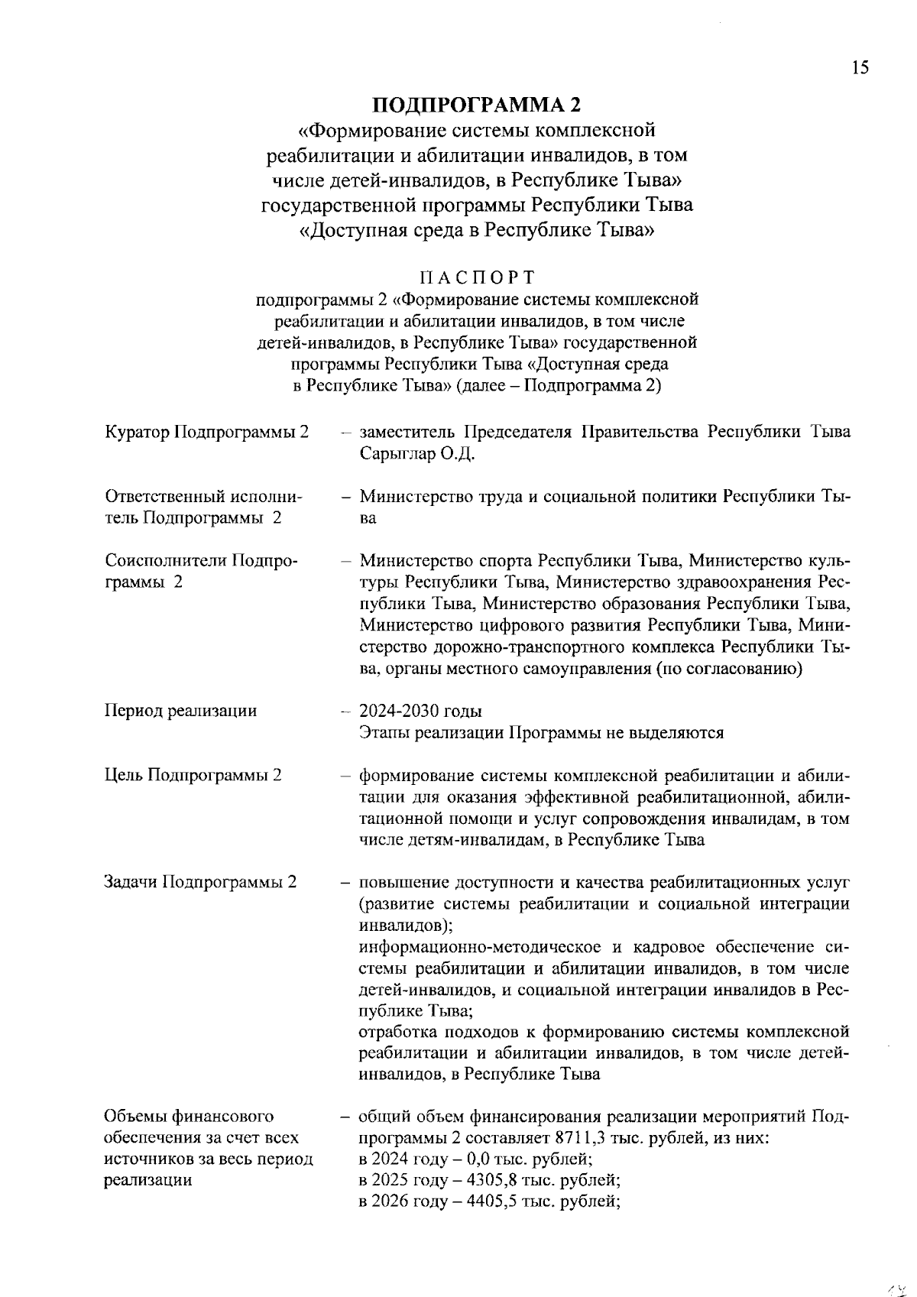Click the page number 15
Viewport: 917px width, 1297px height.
click(860, 68)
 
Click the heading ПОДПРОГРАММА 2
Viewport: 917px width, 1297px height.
click(477, 105)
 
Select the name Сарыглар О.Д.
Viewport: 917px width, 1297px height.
click(417, 454)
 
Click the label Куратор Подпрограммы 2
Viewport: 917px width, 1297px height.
click(206, 433)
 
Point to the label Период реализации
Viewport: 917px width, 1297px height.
click(180, 711)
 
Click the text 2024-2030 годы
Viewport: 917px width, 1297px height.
click(420, 712)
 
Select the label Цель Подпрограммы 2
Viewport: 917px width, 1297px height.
click(193, 775)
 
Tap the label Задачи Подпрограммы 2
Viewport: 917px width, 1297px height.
click(200, 882)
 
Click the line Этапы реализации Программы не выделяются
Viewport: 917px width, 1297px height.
click(541, 733)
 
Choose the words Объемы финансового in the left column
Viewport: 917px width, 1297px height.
click(189, 1117)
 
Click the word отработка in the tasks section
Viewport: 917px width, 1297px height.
click(394, 1033)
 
